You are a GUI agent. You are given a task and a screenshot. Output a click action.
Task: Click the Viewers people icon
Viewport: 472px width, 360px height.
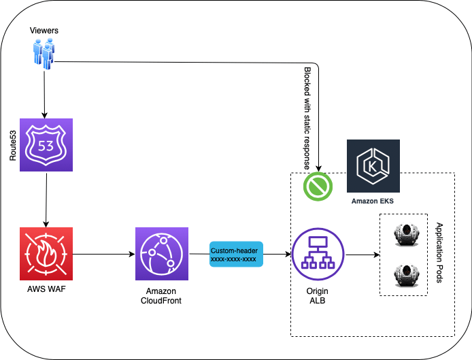click(x=44, y=53)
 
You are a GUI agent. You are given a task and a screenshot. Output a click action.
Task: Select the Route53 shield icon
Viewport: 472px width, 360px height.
click(x=46, y=145)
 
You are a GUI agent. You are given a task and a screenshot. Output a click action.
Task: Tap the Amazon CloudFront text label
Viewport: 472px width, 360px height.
click(x=161, y=296)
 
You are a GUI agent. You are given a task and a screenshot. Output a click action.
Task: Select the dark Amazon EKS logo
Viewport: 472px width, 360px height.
click(x=373, y=167)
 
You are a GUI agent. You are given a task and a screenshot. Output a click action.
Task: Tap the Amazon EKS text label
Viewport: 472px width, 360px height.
click(x=373, y=201)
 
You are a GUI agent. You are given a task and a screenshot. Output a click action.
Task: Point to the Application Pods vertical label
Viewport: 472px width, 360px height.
click(x=439, y=253)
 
